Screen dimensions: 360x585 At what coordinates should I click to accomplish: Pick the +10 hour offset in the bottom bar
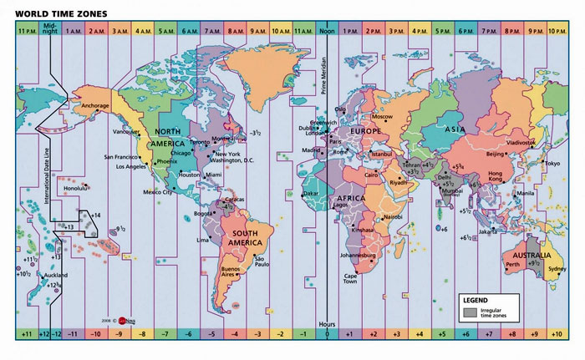pos(556,334)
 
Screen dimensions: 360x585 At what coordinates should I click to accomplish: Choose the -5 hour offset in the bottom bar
pos(211,334)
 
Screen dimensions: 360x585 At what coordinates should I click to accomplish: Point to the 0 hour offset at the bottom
pos(327,334)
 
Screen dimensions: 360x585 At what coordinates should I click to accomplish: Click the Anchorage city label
pos(92,106)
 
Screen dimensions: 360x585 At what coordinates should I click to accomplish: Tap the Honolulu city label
pos(77,188)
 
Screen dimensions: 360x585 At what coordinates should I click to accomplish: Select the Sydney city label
pos(557,269)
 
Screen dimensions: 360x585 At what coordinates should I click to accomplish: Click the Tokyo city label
pos(552,164)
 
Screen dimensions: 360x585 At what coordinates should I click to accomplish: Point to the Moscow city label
pos(382,117)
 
